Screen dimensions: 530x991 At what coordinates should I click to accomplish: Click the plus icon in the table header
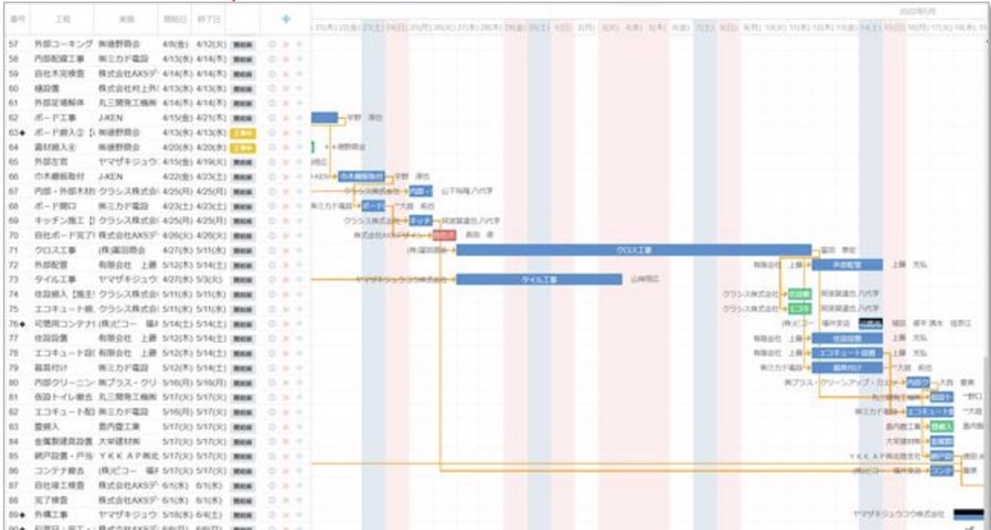point(285,19)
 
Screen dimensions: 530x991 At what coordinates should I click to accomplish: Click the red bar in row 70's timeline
point(444,236)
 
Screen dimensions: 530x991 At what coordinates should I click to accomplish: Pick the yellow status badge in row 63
point(242,132)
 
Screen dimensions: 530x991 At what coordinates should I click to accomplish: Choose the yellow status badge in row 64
point(242,147)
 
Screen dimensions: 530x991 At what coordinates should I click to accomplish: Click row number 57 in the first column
point(14,45)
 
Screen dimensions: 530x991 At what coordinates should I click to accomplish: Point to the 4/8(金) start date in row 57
point(174,45)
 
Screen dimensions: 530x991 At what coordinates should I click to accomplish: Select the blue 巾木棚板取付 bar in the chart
point(361,176)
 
